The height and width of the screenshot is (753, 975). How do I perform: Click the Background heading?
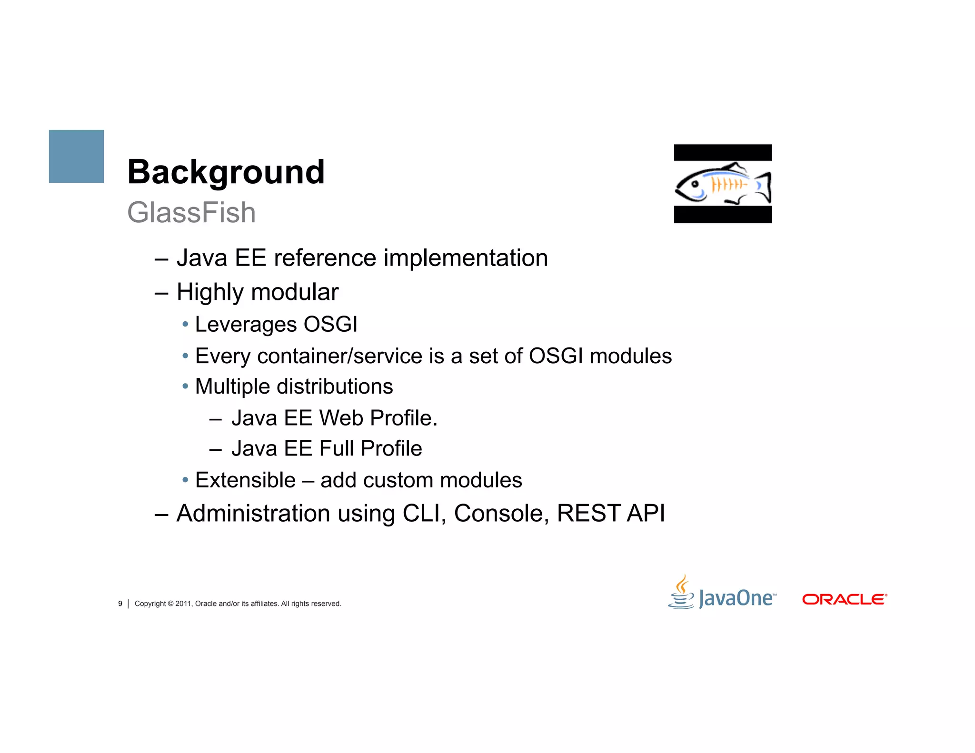tap(226, 172)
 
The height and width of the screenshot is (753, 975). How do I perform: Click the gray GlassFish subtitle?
tap(191, 212)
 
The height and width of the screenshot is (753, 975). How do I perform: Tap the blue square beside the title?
tap(76, 156)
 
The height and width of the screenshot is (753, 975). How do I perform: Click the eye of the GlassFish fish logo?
tap(695, 183)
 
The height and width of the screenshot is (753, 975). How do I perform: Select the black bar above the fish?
tap(723, 152)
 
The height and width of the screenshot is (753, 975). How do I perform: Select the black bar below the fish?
tap(723, 215)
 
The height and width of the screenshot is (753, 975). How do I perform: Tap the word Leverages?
tap(246, 325)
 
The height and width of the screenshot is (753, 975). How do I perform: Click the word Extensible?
tap(245, 480)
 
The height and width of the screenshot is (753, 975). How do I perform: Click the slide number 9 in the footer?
tap(120, 604)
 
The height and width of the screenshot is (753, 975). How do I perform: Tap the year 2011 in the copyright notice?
tap(183, 604)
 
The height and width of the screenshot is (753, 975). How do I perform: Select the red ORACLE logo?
tap(844, 599)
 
